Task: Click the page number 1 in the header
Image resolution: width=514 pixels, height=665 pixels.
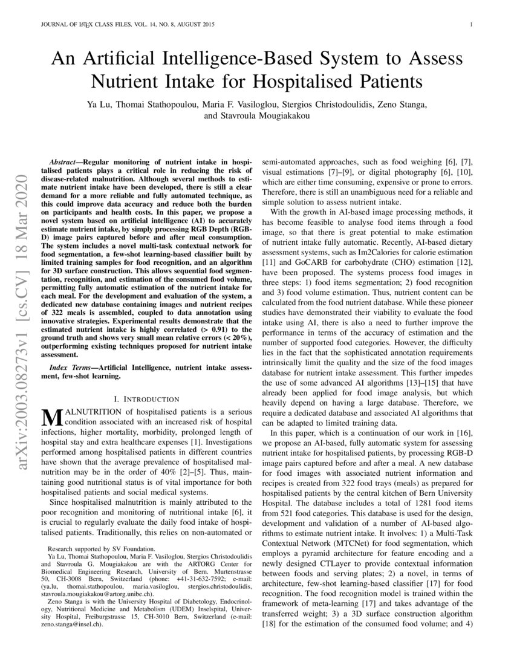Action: [470, 25]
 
